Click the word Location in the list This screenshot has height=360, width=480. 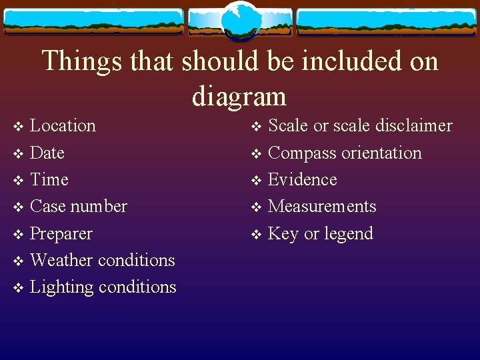pos(63,126)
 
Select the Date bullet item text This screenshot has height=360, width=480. pos(47,153)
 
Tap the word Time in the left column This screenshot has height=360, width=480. pos(49,179)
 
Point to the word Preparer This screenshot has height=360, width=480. pos(61,234)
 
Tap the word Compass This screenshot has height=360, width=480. pos(301,153)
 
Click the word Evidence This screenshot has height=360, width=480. pos(302,179)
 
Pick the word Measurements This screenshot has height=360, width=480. pos(322,207)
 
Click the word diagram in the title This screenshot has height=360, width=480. pos(239,96)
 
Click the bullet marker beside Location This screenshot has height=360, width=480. pos(18,127)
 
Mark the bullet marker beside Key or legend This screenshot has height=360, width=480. pos(256,235)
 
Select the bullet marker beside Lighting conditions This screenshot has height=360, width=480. pos(18,288)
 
